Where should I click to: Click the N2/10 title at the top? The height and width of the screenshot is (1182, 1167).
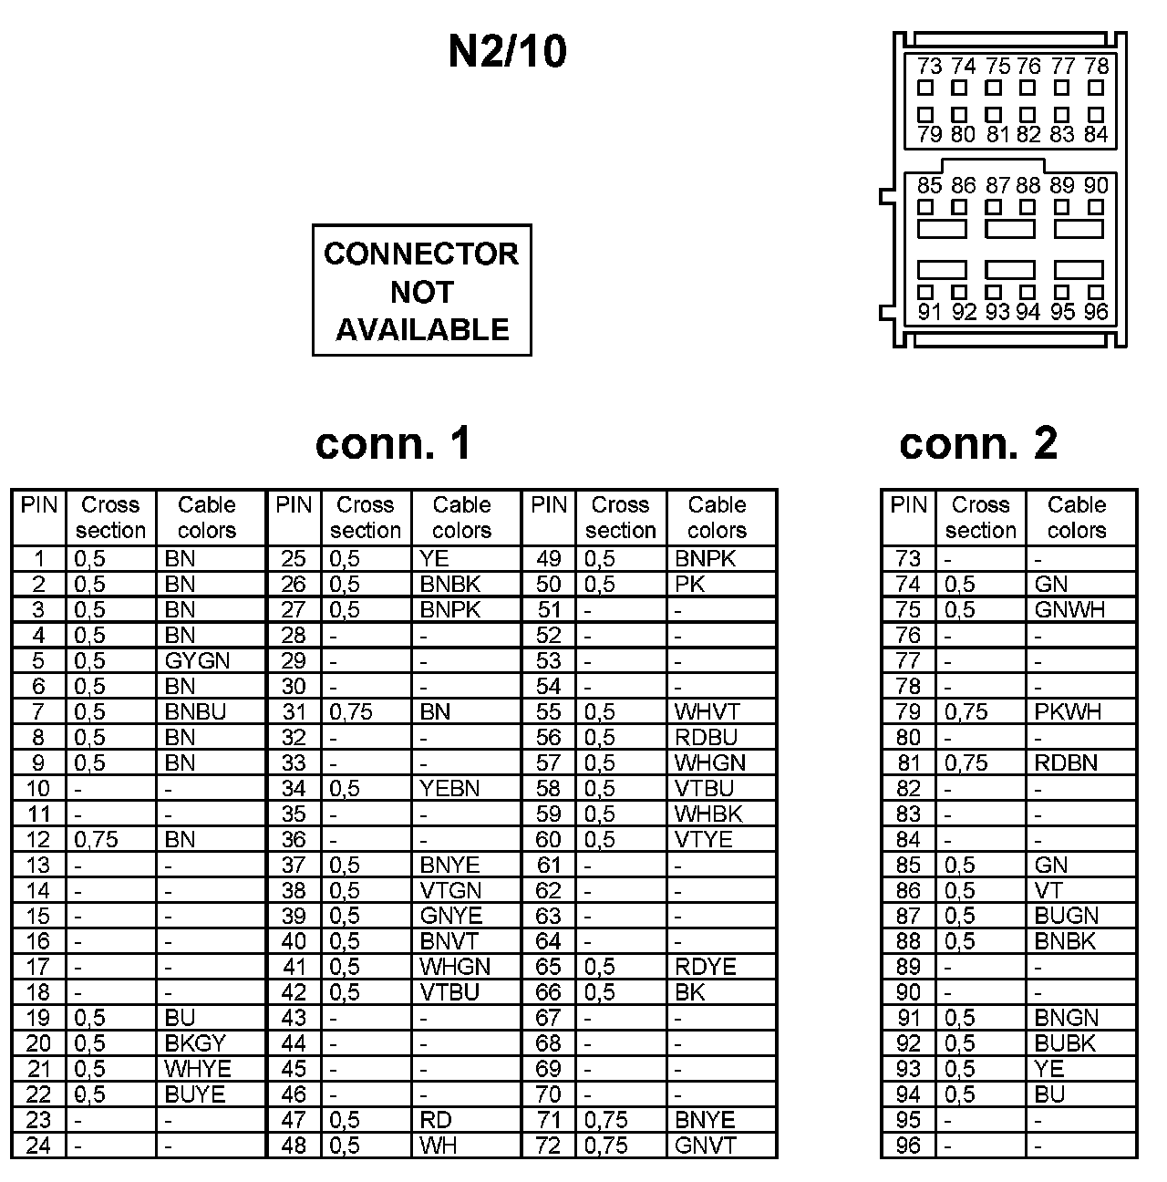pyautogui.click(x=507, y=51)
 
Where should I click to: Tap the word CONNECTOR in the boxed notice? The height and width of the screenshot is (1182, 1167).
pyautogui.click(x=421, y=254)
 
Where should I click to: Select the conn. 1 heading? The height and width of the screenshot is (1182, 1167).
pyautogui.click(x=394, y=443)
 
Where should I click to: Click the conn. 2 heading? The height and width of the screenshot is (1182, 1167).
pyautogui.click(x=978, y=443)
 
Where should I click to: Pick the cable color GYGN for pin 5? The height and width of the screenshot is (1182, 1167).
pyautogui.click(x=197, y=660)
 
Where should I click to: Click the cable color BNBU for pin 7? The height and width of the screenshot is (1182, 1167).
pyautogui.click(x=195, y=711)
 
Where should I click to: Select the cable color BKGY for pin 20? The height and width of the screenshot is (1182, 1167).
pyautogui.click(x=195, y=1043)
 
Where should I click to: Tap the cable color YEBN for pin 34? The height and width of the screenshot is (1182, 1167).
pyautogui.click(x=449, y=788)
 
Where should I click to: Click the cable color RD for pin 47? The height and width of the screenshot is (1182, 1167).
pyautogui.click(x=436, y=1120)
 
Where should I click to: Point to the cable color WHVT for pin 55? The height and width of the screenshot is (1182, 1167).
pyautogui.click(x=707, y=711)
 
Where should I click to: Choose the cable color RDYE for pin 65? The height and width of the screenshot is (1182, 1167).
pyautogui.click(x=706, y=967)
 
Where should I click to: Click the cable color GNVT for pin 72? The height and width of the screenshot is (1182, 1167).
pyautogui.click(x=705, y=1146)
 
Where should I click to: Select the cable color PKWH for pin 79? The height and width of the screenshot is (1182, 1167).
pyautogui.click(x=1069, y=711)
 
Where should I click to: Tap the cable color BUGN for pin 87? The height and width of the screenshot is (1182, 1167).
pyautogui.click(x=1067, y=916)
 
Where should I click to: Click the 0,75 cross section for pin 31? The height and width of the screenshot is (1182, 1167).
pyautogui.click(x=350, y=711)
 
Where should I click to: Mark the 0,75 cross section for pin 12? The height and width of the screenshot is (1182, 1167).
pyautogui.click(x=96, y=839)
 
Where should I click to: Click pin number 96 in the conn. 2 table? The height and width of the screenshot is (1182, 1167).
pyautogui.click(x=908, y=1146)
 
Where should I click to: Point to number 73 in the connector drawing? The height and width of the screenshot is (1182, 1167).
pyautogui.click(x=929, y=67)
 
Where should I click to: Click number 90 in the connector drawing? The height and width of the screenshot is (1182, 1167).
pyautogui.click(x=1097, y=186)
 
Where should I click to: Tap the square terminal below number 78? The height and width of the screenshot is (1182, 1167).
pyautogui.click(x=1097, y=88)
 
